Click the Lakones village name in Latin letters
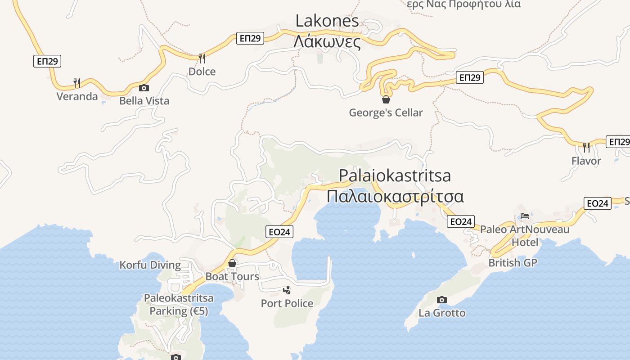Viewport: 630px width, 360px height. (x=327, y=21)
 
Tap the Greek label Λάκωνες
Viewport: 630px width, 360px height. (x=327, y=42)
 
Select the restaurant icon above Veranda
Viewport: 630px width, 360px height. (x=77, y=83)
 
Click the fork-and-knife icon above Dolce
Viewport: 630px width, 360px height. (x=202, y=58)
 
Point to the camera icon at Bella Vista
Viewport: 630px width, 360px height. (x=144, y=88)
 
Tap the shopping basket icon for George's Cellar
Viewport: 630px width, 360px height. (x=386, y=99)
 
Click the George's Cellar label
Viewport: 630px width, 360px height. (x=386, y=112)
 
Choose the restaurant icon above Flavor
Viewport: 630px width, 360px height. (x=586, y=147)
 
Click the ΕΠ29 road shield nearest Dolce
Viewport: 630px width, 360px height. (x=250, y=38)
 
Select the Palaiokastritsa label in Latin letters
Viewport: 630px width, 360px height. (x=395, y=175)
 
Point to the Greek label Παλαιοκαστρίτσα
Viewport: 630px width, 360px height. (x=395, y=197)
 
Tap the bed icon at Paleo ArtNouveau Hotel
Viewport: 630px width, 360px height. (x=525, y=216)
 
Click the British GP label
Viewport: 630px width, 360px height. (x=513, y=262)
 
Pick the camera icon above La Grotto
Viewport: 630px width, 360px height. (x=442, y=300)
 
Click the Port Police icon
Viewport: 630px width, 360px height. (x=287, y=290)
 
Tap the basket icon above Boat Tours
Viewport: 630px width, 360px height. (x=232, y=263)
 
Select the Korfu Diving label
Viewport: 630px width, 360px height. (x=150, y=265)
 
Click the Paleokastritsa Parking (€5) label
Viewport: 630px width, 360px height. (x=179, y=304)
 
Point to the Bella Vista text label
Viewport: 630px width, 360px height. (x=144, y=101)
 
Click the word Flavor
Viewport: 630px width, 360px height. (x=586, y=161)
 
